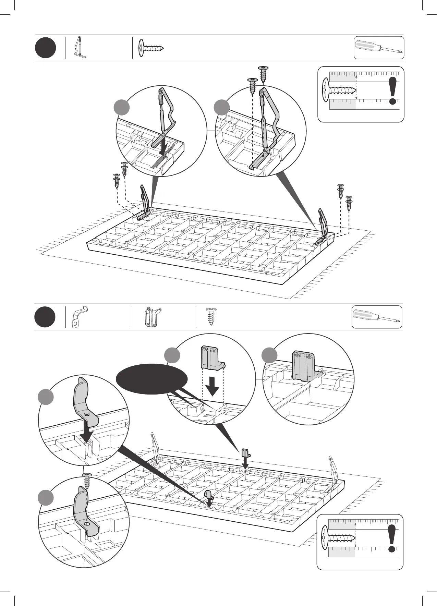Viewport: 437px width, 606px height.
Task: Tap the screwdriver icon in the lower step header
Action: coord(377,316)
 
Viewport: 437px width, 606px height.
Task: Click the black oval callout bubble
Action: coord(151,379)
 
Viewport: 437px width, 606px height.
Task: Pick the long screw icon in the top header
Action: coord(151,48)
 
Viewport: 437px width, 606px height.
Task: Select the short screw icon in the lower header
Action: coord(211,316)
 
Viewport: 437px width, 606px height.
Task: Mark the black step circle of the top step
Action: coord(45,48)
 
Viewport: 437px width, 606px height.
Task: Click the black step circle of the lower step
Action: coord(45,317)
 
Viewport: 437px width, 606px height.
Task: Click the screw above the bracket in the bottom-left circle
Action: coord(87,481)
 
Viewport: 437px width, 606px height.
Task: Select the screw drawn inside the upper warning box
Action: coord(339,90)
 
